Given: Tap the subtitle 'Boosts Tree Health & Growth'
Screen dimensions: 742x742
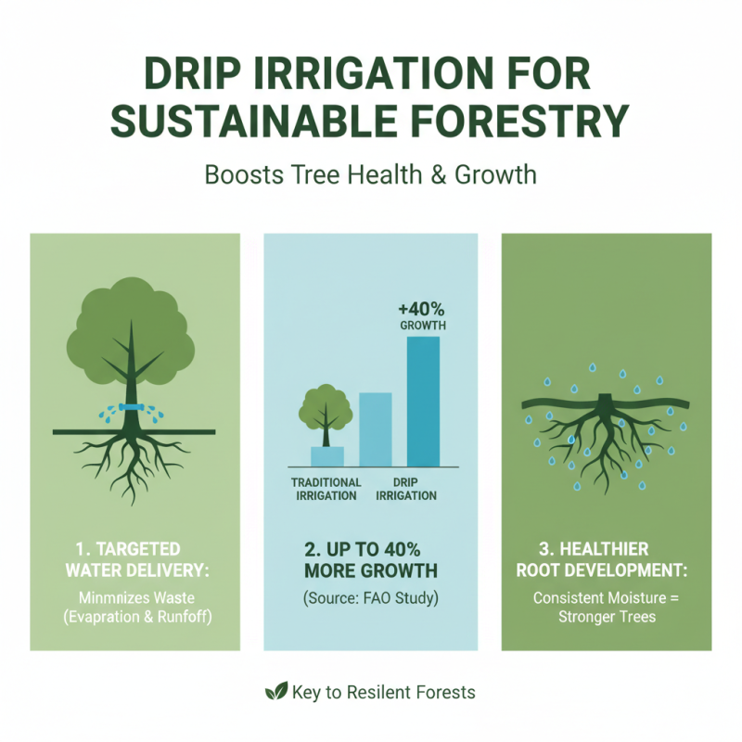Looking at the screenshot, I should point(370,173).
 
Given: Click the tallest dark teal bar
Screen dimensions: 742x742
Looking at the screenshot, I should point(423,401).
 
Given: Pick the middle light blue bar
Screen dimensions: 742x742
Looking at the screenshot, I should point(375,429).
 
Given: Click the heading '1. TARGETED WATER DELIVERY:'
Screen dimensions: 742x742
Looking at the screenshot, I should point(134,558).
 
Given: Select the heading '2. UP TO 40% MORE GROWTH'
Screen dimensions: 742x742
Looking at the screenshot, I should point(370,558).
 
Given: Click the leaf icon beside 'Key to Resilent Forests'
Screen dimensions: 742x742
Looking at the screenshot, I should point(275,691).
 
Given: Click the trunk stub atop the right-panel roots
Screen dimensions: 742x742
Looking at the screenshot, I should point(606,400).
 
